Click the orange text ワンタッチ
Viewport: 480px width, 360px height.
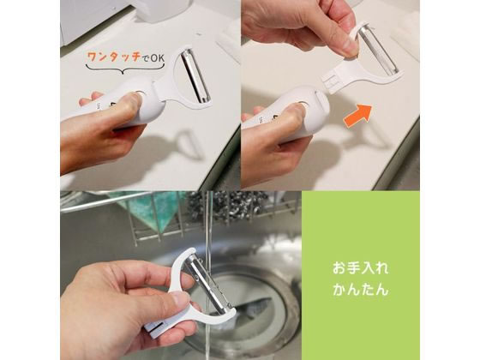(115, 58)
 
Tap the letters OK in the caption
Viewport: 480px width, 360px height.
(158, 58)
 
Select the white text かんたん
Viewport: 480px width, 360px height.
(360, 285)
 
